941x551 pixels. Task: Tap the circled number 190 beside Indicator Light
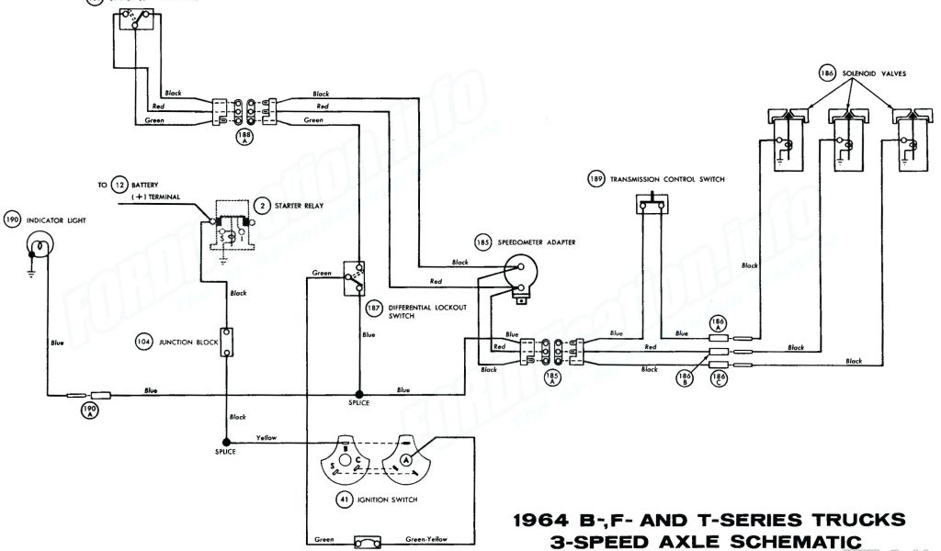click(x=13, y=220)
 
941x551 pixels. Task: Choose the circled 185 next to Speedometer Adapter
click(x=482, y=243)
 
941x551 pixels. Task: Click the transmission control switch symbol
click(x=652, y=208)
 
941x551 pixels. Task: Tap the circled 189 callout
click(x=595, y=180)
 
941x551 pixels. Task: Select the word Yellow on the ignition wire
click(x=266, y=437)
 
